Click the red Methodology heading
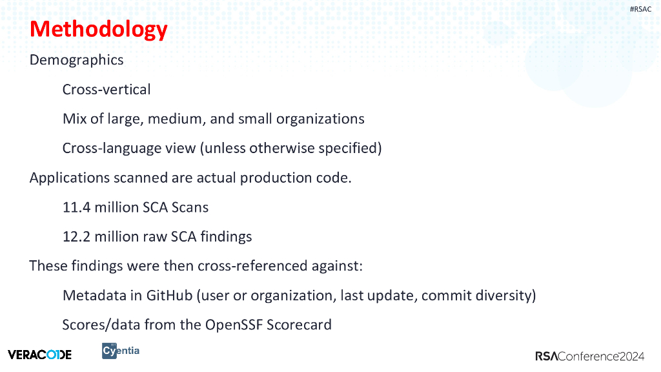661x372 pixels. click(99, 29)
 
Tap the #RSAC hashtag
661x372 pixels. click(640, 9)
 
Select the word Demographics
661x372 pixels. click(76, 60)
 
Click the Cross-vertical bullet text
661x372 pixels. click(107, 90)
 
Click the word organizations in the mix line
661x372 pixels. click(320, 119)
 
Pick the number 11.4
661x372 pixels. click(76, 207)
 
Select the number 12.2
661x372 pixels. click(76, 237)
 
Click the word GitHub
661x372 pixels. click(170, 296)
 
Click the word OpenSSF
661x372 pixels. click(234, 325)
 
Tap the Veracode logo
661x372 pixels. click(39, 354)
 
